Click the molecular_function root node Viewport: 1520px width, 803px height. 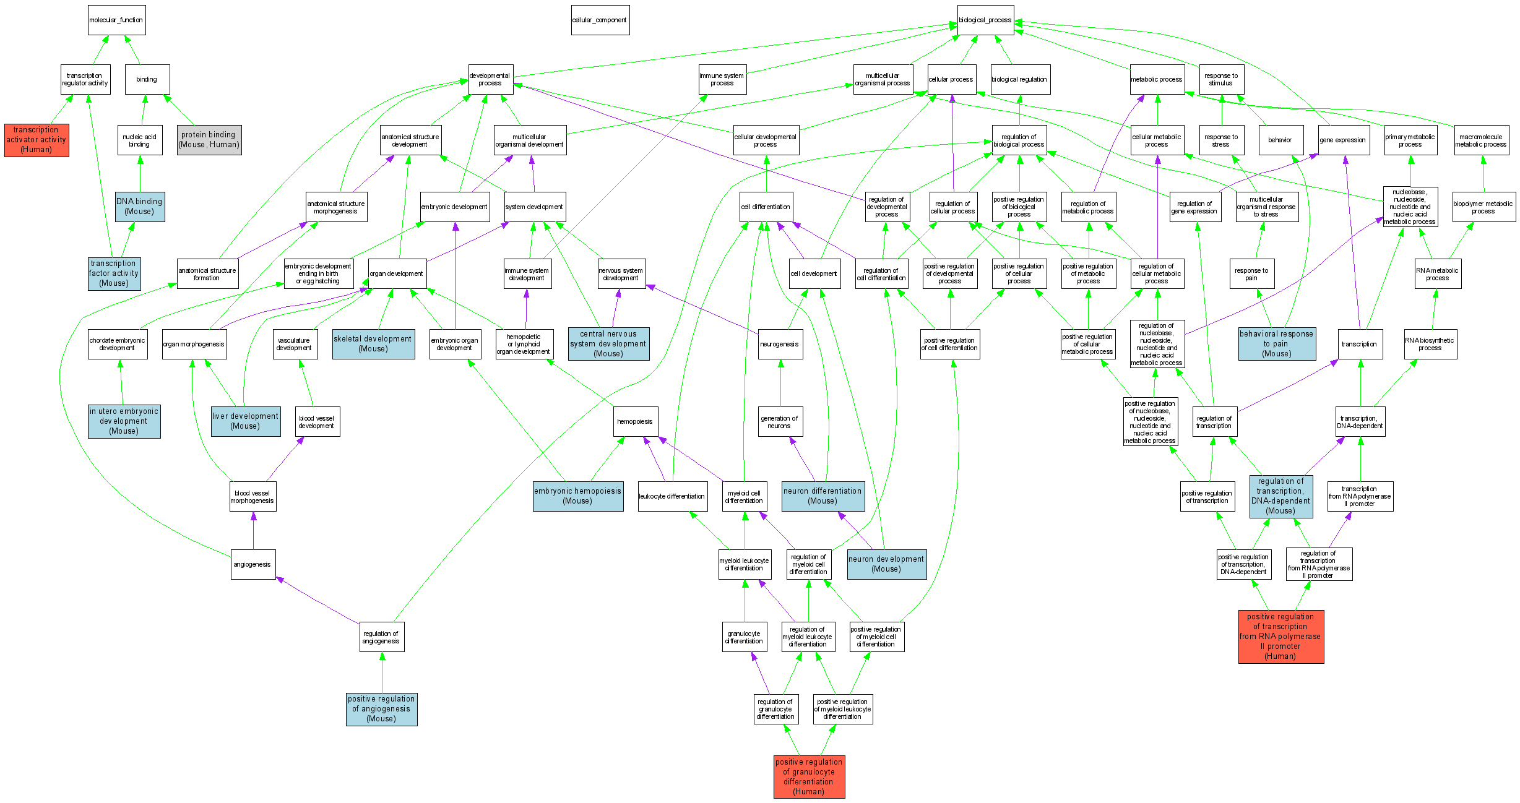click(116, 20)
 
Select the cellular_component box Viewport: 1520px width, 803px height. click(600, 20)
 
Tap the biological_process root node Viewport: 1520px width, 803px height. click(985, 20)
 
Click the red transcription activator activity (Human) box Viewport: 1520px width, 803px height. click(37, 140)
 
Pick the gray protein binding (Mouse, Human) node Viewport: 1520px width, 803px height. click(209, 140)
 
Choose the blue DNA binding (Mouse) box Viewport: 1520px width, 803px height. click(140, 207)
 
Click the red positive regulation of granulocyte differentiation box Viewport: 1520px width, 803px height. click(809, 776)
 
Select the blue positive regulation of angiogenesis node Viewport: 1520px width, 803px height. click(381, 709)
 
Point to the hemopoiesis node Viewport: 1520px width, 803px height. click(635, 421)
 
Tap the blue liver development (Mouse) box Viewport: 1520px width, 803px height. click(246, 421)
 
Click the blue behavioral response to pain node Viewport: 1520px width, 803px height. click(1277, 344)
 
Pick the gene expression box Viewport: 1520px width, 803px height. click(1342, 140)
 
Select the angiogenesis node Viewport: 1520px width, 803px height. click(253, 564)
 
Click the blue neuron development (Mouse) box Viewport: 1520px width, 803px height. click(886, 564)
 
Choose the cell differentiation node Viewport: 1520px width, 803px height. click(766, 207)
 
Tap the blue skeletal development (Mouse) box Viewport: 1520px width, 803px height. click(373, 344)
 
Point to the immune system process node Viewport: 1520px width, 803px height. click(722, 80)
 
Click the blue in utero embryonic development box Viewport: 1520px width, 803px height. click(124, 421)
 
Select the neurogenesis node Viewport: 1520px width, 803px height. click(780, 344)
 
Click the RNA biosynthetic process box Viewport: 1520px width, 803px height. click(1430, 344)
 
